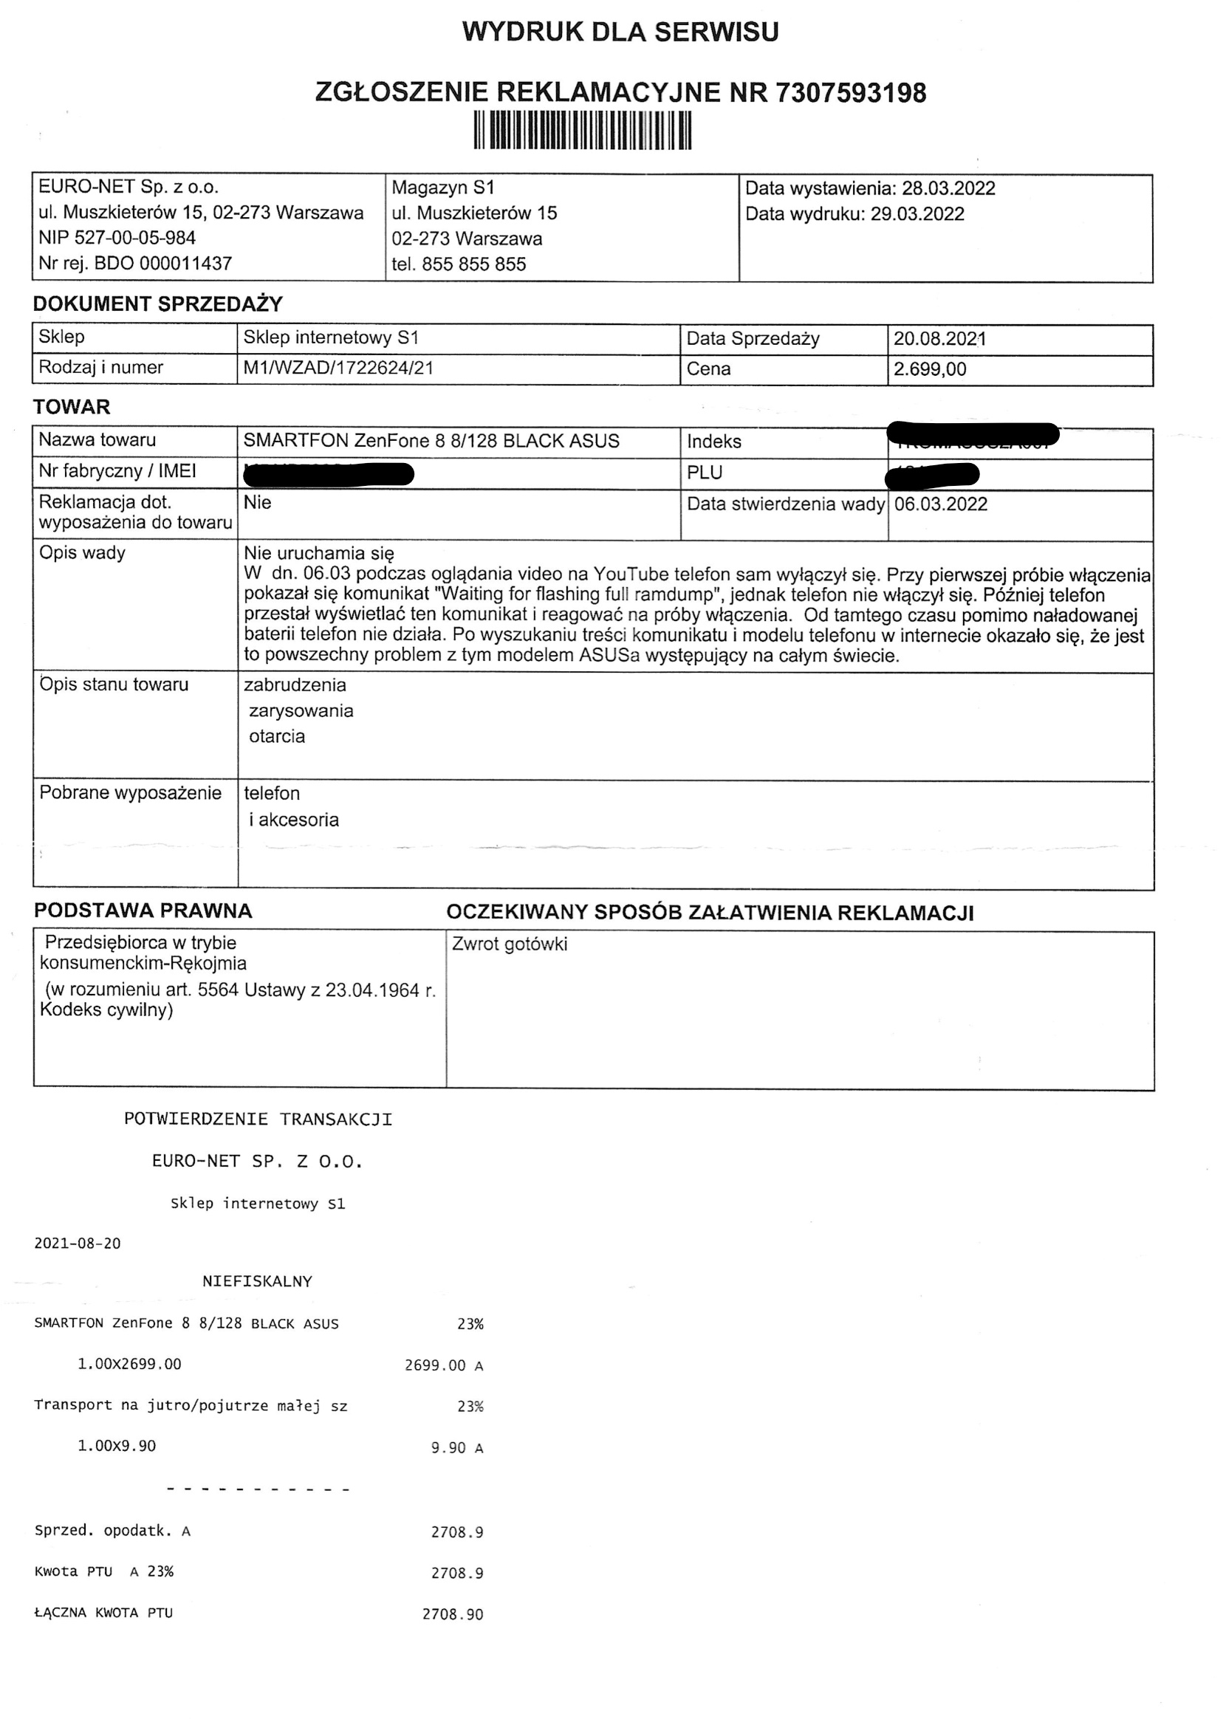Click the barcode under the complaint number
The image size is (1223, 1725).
(x=582, y=130)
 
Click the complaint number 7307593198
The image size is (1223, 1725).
(x=850, y=92)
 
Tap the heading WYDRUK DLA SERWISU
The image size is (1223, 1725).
(x=620, y=32)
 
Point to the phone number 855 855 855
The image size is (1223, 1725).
(x=473, y=264)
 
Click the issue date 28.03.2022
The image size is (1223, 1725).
(x=948, y=188)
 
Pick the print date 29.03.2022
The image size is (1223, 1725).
(x=917, y=214)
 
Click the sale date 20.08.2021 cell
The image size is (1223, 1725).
(x=939, y=339)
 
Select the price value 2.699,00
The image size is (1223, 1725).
(x=929, y=370)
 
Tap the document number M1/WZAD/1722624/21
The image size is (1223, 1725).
(x=338, y=368)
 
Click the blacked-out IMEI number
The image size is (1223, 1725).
(x=329, y=474)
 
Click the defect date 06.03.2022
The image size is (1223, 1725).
(x=941, y=504)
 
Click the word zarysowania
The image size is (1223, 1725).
(x=301, y=711)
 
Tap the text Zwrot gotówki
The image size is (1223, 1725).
(x=509, y=944)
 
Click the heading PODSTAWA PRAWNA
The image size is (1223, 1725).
(x=143, y=911)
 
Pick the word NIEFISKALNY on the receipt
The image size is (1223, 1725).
(x=257, y=1281)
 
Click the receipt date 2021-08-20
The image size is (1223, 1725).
(x=77, y=1243)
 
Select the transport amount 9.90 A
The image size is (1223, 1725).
(x=456, y=1448)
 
